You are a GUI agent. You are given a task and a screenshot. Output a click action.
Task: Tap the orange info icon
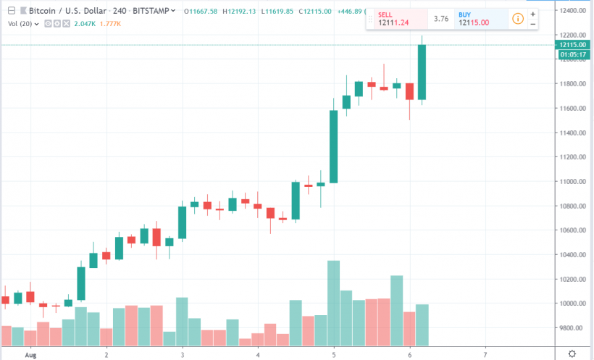(x=517, y=18)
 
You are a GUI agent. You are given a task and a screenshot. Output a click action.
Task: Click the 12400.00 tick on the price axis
(x=572, y=11)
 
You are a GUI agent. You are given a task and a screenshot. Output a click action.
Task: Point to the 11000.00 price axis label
(x=572, y=182)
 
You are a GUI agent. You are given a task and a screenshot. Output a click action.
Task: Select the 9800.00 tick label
(x=572, y=328)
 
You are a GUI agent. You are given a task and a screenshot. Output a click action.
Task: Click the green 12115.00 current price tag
(x=572, y=45)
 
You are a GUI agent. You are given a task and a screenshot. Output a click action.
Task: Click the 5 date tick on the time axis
(x=334, y=355)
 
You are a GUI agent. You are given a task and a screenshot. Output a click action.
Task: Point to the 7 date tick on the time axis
(x=485, y=355)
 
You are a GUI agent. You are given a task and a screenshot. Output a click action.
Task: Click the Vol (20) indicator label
(x=19, y=23)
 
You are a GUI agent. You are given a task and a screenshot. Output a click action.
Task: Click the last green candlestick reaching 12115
(x=422, y=72)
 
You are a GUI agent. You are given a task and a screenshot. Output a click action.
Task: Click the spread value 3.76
(x=440, y=19)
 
